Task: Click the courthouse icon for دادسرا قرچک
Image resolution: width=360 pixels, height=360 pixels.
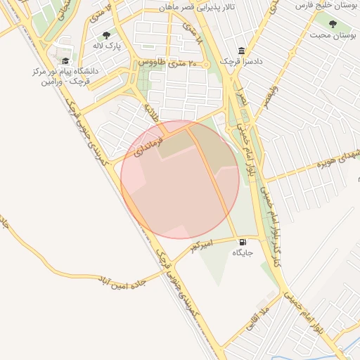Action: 241,51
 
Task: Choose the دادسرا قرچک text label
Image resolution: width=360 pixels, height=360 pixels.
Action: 241,62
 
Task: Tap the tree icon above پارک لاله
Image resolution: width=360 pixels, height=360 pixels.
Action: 106,35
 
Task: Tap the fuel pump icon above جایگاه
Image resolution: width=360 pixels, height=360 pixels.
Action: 243,241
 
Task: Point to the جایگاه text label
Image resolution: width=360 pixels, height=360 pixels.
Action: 243,252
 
